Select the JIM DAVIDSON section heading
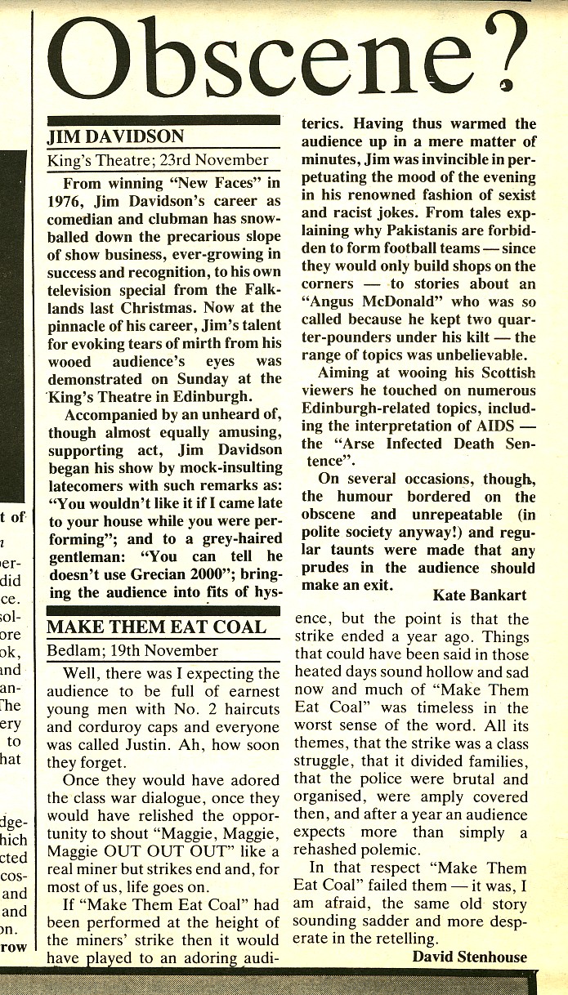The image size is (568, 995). click(115, 136)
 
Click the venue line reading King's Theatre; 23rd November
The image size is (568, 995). click(158, 160)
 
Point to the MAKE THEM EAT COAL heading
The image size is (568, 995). click(156, 627)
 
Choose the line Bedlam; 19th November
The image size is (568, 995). click(132, 651)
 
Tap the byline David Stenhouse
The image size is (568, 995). click(470, 957)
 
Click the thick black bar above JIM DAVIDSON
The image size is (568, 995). click(163, 120)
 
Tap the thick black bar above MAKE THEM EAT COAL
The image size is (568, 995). click(163, 610)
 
